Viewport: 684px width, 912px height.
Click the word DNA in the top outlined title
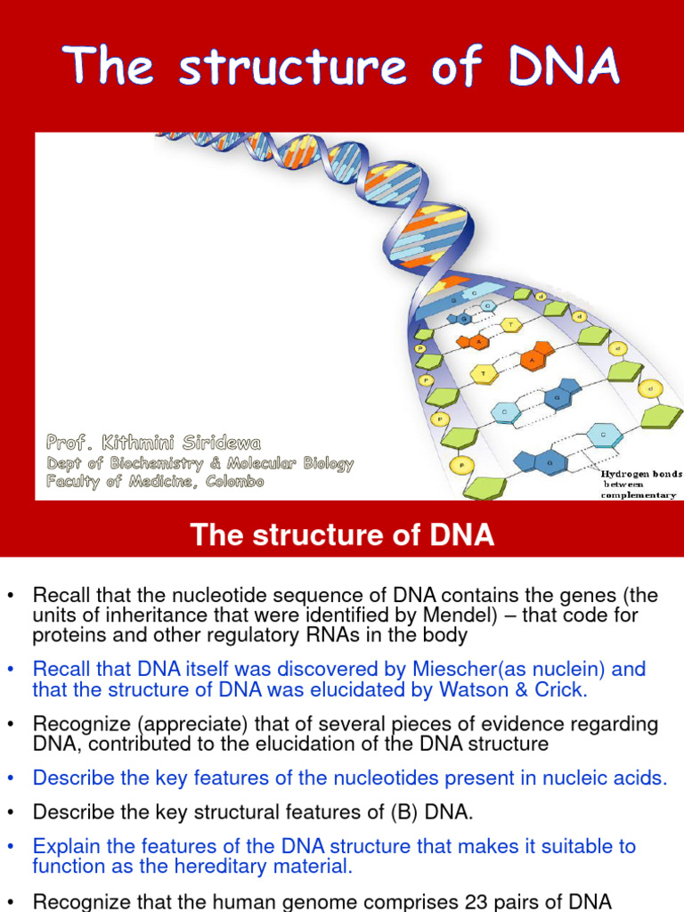(x=564, y=68)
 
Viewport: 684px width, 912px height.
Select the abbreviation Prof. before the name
(x=72, y=442)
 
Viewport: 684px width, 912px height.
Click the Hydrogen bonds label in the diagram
(x=640, y=474)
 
